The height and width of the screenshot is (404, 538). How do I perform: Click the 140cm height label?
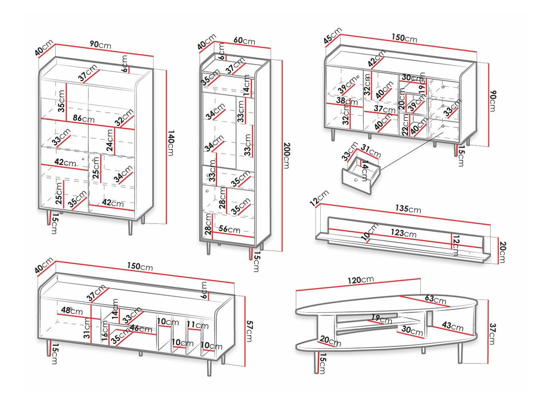(170, 143)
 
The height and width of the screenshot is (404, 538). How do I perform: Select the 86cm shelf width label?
(83, 118)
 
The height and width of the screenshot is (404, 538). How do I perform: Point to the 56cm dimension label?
(229, 229)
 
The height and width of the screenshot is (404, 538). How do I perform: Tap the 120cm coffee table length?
(360, 280)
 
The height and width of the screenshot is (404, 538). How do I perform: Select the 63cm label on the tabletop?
(435, 299)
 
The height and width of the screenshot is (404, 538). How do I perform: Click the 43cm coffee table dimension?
(453, 326)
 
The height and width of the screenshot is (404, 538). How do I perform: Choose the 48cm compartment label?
(72, 311)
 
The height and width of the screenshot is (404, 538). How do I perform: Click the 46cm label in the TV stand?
(141, 329)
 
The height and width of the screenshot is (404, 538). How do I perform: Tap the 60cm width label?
(244, 41)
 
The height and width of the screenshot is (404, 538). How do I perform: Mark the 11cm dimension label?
(197, 325)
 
